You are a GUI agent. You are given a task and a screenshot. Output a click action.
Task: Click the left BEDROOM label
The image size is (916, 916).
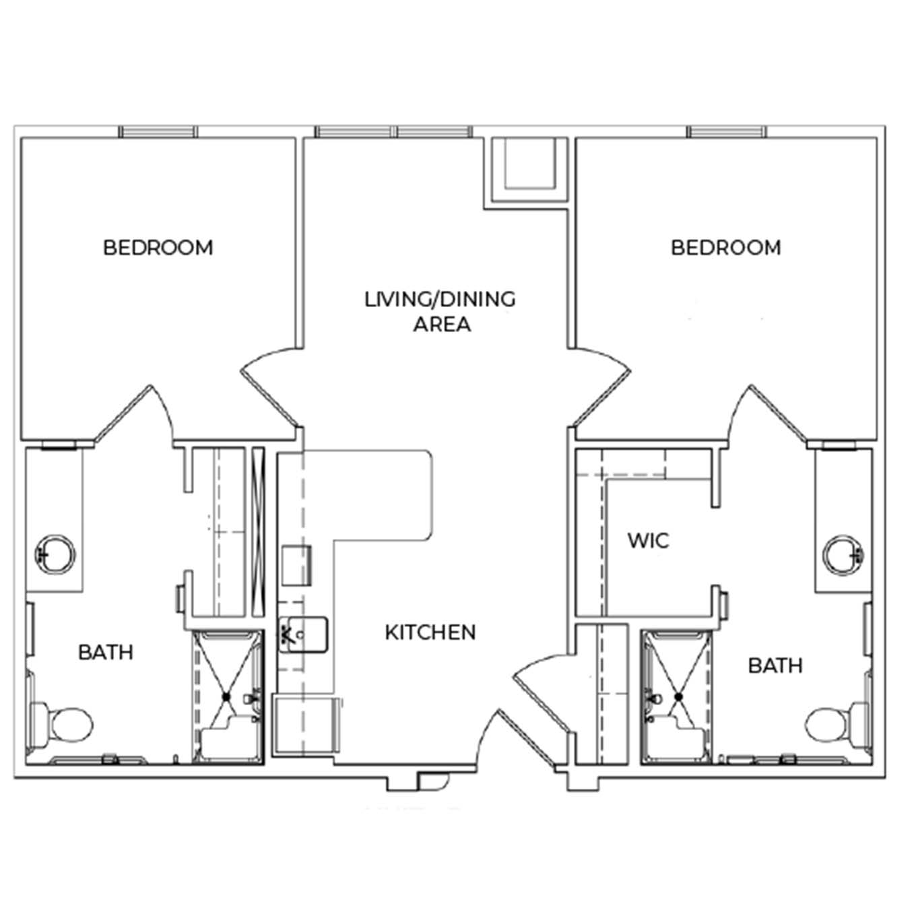point(158,248)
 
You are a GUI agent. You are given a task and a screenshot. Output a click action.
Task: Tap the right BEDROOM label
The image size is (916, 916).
point(725,248)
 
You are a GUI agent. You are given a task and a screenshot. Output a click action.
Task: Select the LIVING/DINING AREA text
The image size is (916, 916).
point(440,312)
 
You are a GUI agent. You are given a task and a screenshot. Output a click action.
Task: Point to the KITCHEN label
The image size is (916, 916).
point(430,632)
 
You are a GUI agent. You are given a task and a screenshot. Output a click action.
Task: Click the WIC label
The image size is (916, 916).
point(649,541)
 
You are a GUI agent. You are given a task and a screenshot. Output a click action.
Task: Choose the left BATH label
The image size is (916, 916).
point(106,653)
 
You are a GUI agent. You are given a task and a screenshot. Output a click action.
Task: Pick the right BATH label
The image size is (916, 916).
point(775,666)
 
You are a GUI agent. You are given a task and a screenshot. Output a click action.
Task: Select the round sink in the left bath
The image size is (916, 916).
point(55,555)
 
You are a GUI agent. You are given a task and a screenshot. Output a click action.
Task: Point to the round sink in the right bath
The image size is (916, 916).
point(844,555)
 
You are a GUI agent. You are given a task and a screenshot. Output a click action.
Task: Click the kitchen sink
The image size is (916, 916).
point(303,634)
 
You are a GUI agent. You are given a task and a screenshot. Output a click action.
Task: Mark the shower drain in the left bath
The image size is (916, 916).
point(226,697)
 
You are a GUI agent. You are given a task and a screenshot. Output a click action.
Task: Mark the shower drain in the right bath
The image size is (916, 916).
point(678,697)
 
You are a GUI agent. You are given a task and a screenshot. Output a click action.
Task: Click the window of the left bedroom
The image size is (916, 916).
point(158,131)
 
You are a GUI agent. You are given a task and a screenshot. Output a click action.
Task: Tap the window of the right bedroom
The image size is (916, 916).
point(726,131)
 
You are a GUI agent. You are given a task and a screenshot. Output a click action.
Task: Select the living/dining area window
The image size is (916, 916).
point(393,131)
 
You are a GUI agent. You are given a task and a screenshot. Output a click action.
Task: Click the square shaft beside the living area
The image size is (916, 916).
point(529,169)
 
